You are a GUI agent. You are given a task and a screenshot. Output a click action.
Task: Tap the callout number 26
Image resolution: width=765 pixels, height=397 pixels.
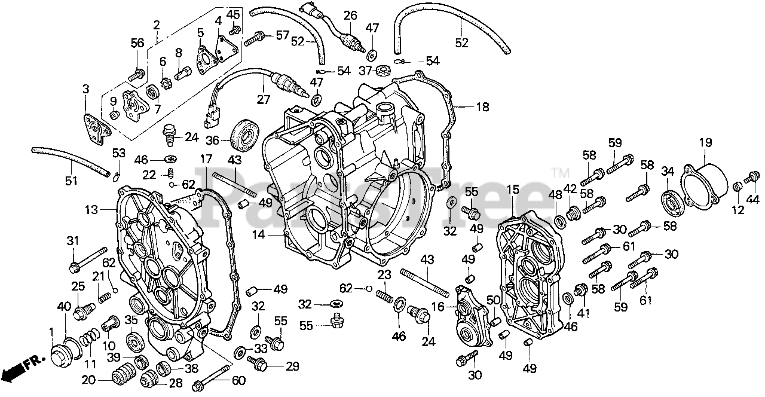(x=350, y=15)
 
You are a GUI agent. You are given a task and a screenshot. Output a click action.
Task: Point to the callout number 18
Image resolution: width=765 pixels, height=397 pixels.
(x=482, y=108)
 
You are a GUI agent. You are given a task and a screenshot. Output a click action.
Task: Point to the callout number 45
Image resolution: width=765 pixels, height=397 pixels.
(x=234, y=15)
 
